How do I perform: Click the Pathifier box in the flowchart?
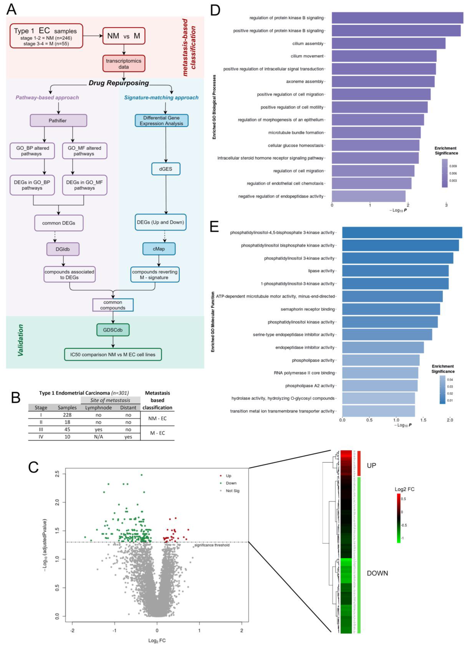[58, 121]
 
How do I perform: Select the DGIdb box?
[63, 249]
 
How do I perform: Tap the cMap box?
[159, 249]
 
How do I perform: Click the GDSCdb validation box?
[113, 330]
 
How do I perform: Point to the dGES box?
[166, 169]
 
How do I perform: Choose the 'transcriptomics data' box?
[124, 64]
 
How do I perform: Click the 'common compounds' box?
[113, 305]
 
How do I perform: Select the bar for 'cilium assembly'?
[388, 43]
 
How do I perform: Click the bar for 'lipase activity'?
[395, 271]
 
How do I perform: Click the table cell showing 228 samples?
[67, 415]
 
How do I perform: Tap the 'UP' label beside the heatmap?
[371, 465]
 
